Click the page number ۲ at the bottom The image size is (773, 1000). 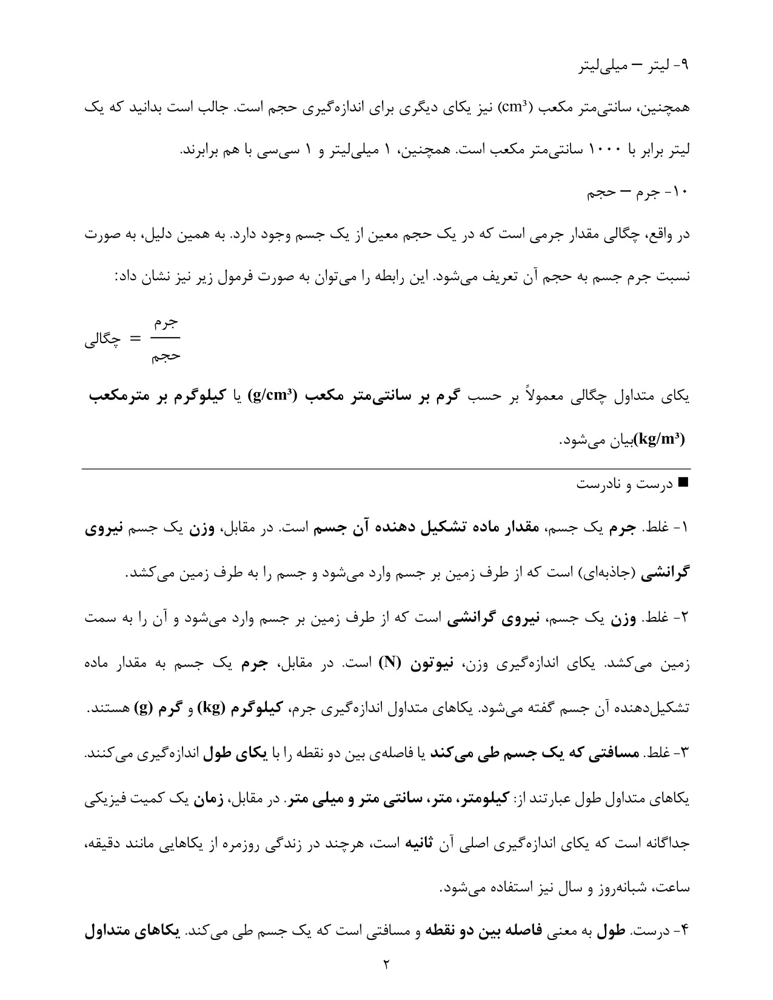pos(386,964)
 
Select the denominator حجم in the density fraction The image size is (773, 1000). pos(166,356)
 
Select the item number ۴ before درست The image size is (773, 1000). pos(683,932)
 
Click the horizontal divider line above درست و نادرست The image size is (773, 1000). pos(386,468)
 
